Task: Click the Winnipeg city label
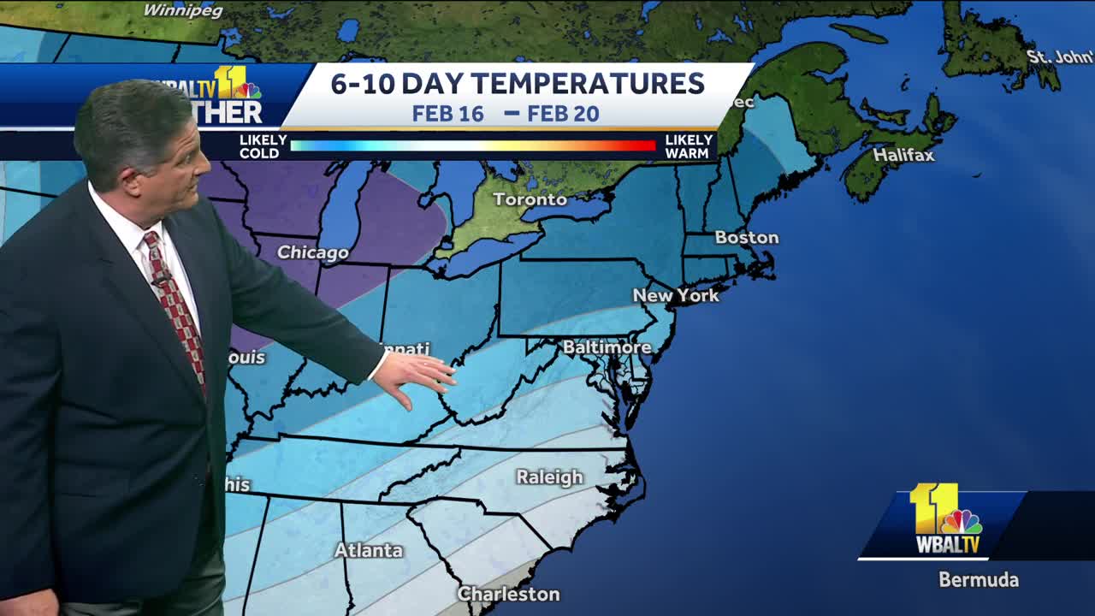click(x=182, y=11)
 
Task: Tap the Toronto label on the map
click(x=529, y=199)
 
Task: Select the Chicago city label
click(x=312, y=252)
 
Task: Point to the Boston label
click(x=747, y=237)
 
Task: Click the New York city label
click(x=676, y=295)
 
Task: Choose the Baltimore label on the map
click(x=607, y=347)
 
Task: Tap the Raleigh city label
click(x=549, y=477)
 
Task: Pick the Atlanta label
click(x=369, y=550)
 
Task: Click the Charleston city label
click(x=508, y=593)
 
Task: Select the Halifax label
click(x=903, y=155)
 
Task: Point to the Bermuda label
click(x=979, y=579)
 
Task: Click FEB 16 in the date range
click(x=447, y=114)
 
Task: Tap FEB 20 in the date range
click(x=563, y=114)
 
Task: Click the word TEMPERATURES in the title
click(x=588, y=84)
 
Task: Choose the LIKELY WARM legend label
click(x=688, y=146)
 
